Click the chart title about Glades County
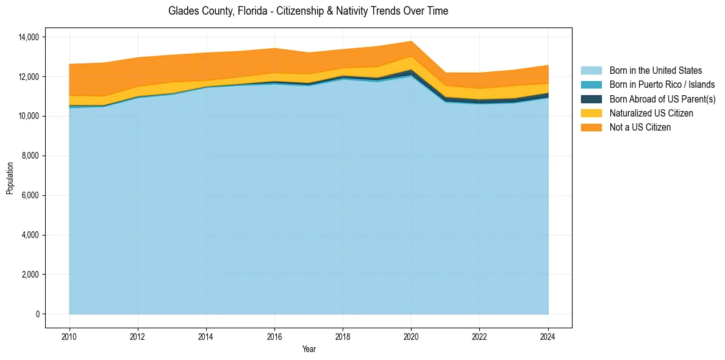coord(308,11)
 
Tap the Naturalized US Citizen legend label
coord(651,113)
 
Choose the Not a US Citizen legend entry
coord(640,127)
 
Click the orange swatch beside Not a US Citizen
coord(591,127)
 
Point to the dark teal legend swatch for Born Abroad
coord(591,99)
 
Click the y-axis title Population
coord(10,178)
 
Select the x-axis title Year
coord(309,349)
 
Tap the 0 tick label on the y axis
coord(37,314)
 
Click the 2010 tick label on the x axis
coord(70,336)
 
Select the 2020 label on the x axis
coord(412,336)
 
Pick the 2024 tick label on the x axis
coord(548,336)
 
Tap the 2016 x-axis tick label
coord(275,336)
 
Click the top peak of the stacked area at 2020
coord(412,41)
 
